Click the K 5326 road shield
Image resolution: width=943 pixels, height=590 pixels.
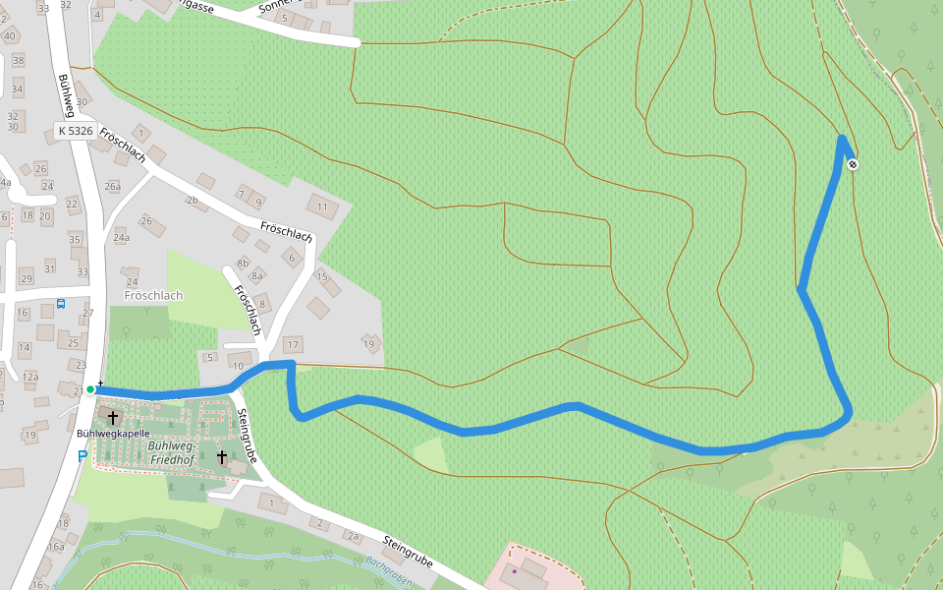pyautogui.click(x=75, y=131)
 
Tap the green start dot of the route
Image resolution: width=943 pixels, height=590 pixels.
pyautogui.click(x=90, y=389)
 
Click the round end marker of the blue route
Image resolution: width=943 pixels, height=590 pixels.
pyautogui.click(x=853, y=164)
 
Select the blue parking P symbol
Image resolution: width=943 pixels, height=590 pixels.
pyautogui.click(x=83, y=455)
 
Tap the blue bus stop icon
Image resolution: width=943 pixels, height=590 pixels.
pyautogui.click(x=61, y=304)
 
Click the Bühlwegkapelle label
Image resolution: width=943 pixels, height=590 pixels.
pyautogui.click(x=113, y=433)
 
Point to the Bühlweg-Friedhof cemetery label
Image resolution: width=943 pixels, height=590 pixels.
pyautogui.click(x=173, y=452)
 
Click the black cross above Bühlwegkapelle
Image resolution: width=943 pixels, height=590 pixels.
pyautogui.click(x=113, y=418)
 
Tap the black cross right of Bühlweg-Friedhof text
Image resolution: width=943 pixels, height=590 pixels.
pyautogui.click(x=222, y=457)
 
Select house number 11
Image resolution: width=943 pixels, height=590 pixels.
pyautogui.click(x=322, y=206)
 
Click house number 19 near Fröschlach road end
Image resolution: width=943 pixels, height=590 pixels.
pyautogui.click(x=369, y=344)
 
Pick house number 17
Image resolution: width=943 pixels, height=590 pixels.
pyautogui.click(x=292, y=344)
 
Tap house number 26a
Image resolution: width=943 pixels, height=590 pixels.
pyautogui.click(x=113, y=186)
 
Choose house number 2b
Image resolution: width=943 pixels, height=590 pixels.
pyautogui.click(x=192, y=201)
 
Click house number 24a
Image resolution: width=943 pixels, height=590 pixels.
pyautogui.click(x=121, y=238)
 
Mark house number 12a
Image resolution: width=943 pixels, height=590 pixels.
pyautogui.click(x=30, y=376)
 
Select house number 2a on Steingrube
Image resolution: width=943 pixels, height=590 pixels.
pyautogui.click(x=353, y=535)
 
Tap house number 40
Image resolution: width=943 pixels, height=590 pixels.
pyautogui.click(x=10, y=36)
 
